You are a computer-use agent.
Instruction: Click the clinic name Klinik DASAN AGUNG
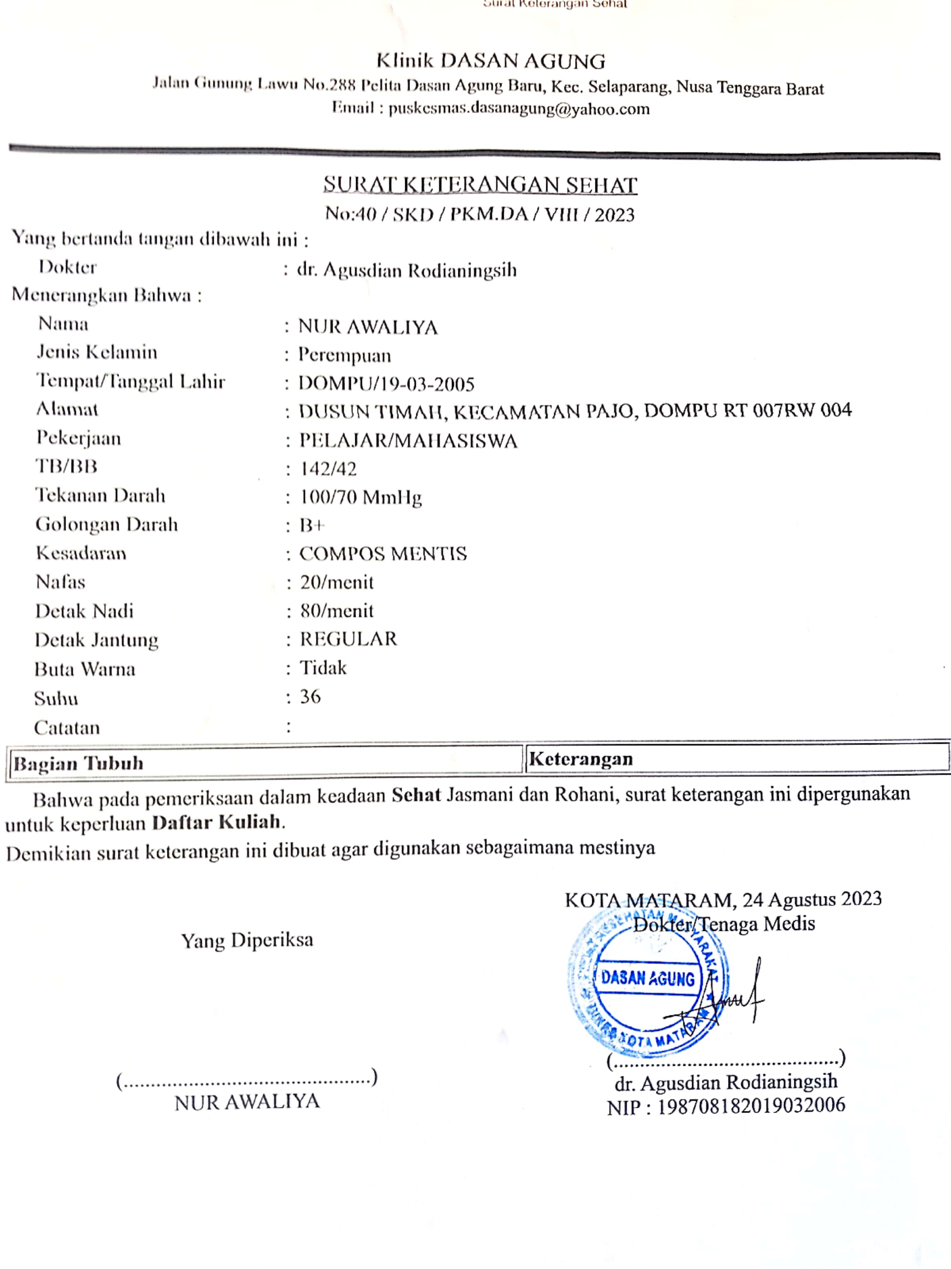[490, 61]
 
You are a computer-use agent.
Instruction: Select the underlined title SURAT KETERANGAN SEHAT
[480, 185]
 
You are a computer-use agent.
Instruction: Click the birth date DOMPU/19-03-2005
[386, 383]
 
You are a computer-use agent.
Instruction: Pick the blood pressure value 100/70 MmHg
[361, 497]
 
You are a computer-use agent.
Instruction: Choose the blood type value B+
[312, 525]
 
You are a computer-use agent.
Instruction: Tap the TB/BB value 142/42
[328, 469]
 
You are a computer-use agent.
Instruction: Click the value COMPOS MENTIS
[383, 554]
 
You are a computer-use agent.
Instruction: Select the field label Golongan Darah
[106, 524]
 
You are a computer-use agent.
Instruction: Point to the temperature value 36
[310, 697]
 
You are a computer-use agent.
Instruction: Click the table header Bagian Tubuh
[79, 763]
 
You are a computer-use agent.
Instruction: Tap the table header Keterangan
[580, 759]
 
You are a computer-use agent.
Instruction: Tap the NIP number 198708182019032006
[750, 1105]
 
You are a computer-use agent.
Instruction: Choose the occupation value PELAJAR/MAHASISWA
[408, 441]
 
